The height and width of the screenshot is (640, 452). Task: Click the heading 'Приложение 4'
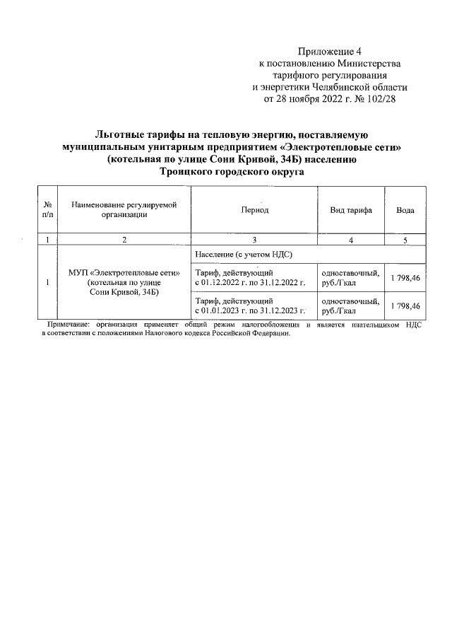point(330,52)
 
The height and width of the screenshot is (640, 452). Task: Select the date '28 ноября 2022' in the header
point(314,99)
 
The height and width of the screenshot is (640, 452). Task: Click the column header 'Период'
point(254,211)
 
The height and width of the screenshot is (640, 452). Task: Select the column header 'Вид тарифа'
point(351,211)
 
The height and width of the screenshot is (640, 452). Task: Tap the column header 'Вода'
point(405,211)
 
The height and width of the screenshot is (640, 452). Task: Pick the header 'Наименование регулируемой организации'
point(124,210)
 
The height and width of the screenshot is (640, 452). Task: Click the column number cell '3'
point(254,240)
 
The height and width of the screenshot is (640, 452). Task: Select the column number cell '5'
point(405,240)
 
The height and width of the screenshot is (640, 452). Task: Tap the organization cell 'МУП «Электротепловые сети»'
point(124,272)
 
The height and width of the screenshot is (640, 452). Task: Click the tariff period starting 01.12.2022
point(249,278)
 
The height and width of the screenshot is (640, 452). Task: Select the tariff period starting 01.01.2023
point(249,306)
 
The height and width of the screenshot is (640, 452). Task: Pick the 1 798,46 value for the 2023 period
point(405,306)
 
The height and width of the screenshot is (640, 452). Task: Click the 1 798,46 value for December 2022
point(405,278)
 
